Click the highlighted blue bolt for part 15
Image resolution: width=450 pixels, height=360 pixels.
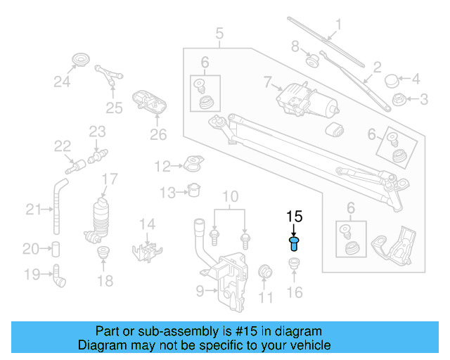294,244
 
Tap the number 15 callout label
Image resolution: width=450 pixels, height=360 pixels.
294,217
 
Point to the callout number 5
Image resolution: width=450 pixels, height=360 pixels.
219,33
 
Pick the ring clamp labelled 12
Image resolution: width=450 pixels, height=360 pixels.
191,166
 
